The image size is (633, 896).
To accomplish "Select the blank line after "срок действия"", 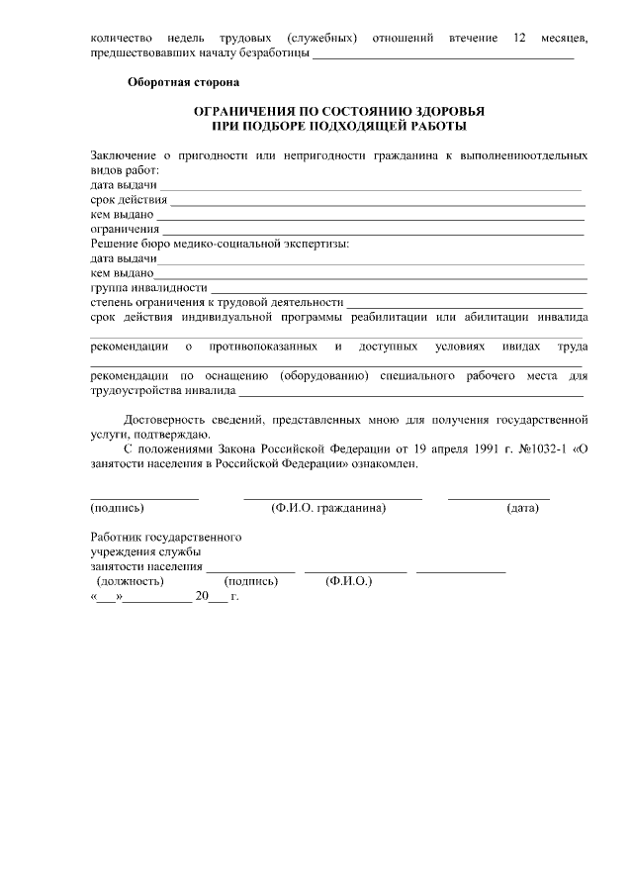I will point(377,200).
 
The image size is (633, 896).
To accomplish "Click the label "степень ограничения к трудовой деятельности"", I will point(217,302).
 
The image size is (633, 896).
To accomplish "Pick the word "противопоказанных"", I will point(263,347).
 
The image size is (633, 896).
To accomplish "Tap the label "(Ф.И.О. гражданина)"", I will point(328,508).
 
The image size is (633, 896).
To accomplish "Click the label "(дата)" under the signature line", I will point(522,508).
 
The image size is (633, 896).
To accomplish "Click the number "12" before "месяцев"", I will point(519,38).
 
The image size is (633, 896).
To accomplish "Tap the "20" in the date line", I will point(203,597).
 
